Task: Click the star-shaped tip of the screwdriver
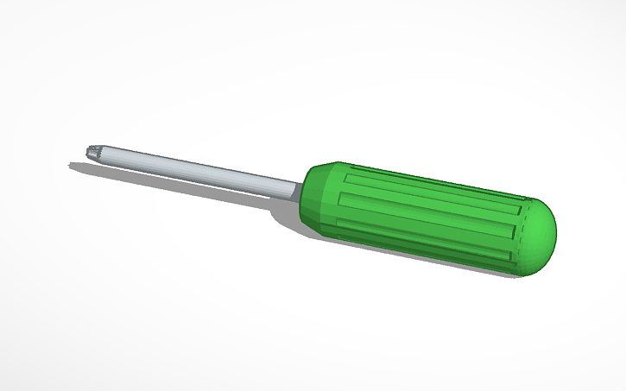tap(93, 154)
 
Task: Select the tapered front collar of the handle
tap(315, 192)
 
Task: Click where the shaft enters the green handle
tap(300, 186)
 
